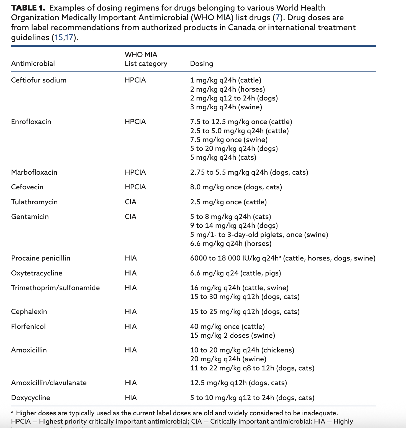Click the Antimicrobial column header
pos(33,63)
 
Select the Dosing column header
pos(201,63)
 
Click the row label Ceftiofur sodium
pos(39,80)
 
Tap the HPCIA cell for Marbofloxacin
pos(135,172)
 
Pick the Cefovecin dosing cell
pos(236,187)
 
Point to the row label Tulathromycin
pos(34,202)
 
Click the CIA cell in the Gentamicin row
pos(130,216)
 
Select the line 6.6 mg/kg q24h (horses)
pos(231,243)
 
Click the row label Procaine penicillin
pos(41,258)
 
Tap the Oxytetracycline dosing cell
pos(235,273)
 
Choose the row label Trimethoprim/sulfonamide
pos(55,288)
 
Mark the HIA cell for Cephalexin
pos(131,311)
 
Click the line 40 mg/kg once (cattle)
pos(227,326)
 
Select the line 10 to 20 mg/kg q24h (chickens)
pos(242,350)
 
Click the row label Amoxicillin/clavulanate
pos(49,383)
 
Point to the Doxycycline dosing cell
pos(252,398)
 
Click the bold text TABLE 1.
pos(28,8)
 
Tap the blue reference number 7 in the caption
pos(277,18)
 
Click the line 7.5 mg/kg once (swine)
pos(229,140)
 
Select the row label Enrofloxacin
pos(31,122)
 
